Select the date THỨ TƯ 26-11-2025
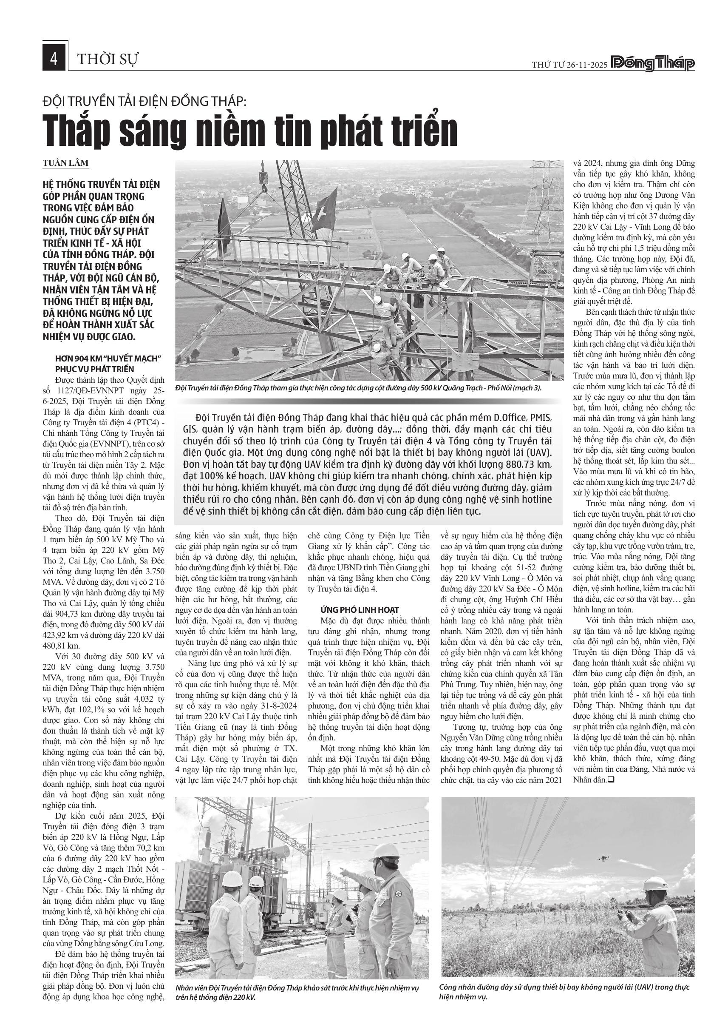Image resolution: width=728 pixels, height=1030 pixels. [569, 65]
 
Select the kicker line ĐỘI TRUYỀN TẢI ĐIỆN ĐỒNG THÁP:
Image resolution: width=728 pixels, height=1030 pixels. [145, 101]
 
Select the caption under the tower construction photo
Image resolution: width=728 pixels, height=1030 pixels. [359, 388]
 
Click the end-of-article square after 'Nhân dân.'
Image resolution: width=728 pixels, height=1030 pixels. [610, 780]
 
